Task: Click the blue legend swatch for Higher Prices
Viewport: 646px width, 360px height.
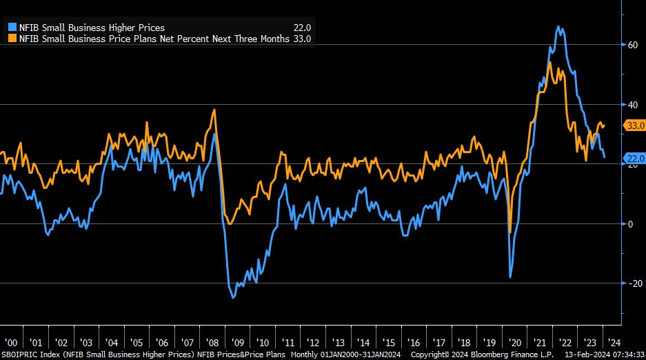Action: coord(11,28)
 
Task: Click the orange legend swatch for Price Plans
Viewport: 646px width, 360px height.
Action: coord(11,39)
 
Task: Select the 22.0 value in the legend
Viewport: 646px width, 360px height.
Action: coord(303,28)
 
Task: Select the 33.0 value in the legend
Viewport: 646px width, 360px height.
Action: coord(303,39)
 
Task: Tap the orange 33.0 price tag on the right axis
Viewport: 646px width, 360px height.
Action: coord(634,126)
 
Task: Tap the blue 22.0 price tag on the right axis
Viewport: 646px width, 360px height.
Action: coord(634,159)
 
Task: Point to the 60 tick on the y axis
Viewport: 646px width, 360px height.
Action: coord(632,45)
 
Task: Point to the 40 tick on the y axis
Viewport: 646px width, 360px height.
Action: coord(632,104)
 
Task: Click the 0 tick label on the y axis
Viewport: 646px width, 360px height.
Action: coord(629,223)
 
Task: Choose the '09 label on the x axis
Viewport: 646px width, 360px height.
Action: coord(237,343)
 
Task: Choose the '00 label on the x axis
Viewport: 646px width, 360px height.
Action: coord(11,343)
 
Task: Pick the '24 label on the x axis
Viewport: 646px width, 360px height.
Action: coord(614,343)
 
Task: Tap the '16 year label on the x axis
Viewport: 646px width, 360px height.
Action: coord(413,343)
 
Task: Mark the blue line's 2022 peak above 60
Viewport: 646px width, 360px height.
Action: coord(558,27)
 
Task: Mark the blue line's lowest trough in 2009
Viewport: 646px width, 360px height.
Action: coord(233,297)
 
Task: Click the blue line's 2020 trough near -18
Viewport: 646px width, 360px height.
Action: coord(510,277)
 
